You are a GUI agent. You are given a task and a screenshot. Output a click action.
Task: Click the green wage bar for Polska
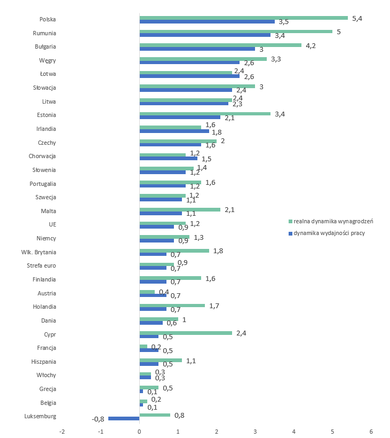tap(243, 18)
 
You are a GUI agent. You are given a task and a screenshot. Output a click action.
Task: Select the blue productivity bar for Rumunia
tap(205, 35)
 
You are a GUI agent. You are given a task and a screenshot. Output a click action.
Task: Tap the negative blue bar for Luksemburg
tap(124, 418)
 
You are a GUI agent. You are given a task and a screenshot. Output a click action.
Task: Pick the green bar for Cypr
tap(186, 333)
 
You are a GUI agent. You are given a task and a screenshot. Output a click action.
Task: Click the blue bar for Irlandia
tap(174, 131)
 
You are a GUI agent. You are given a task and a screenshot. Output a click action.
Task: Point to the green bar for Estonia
tap(205, 114)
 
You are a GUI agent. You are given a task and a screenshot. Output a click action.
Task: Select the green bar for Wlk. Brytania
tap(174, 251)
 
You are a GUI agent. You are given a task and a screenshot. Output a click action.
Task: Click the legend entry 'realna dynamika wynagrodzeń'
tap(331, 222)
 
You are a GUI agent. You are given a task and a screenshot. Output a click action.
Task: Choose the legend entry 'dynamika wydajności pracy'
tap(327, 233)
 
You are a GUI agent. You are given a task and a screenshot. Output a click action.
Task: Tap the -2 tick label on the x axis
tap(62, 432)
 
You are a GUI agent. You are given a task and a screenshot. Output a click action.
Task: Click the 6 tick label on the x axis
tap(371, 432)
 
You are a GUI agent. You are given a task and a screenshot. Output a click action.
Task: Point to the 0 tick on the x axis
tap(139, 432)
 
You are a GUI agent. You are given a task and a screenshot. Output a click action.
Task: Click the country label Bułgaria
tap(45, 46)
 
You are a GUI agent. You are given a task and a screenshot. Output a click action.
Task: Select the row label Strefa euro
tap(41, 265)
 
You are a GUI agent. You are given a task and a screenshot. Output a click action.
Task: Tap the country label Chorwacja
tap(42, 156)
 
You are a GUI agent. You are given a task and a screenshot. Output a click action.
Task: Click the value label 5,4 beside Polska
tap(357, 19)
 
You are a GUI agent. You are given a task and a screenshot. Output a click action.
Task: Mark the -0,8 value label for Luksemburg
tap(98, 419)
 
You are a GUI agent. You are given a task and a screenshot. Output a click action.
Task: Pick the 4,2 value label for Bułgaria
tap(311, 46)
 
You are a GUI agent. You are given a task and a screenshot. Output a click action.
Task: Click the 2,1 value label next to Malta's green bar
tap(229, 210)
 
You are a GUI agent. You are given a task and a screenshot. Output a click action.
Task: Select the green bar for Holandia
tap(172, 306)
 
